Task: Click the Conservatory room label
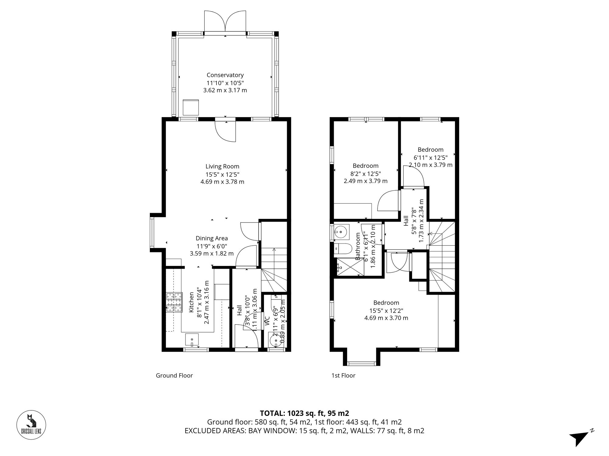click(x=225, y=75)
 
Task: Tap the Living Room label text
click(x=222, y=166)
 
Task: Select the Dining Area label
click(x=212, y=238)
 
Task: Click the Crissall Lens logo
click(x=31, y=425)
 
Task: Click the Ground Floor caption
click(x=174, y=375)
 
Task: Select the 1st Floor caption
click(x=343, y=375)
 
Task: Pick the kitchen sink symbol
click(x=192, y=340)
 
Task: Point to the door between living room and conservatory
click(x=225, y=131)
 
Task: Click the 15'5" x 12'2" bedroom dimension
click(x=386, y=310)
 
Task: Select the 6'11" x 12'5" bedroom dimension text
click(x=430, y=157)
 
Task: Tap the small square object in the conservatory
click(x=191, y=107)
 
